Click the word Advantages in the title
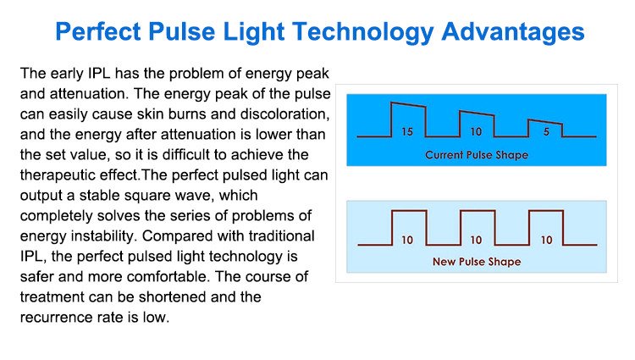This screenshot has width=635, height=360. tap(513, 32)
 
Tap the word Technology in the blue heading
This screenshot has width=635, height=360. tap(363, 32)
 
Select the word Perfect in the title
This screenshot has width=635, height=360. tap(98, 31)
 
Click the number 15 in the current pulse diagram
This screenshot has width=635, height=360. tap(407, 131)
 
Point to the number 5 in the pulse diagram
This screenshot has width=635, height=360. tap(546, 131)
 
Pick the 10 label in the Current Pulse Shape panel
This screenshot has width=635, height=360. tap(476, 131)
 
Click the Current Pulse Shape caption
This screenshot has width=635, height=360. tap(477, 155)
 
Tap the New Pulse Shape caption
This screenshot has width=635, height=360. tap(477, 262)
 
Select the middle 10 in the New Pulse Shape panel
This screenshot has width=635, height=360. tap(476, 240)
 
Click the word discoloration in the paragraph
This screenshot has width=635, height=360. tap(284, 114)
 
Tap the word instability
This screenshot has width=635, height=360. tap(102, 235)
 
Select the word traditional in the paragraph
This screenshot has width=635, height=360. tap(281, 235)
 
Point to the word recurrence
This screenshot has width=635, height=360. tap(53, 318)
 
